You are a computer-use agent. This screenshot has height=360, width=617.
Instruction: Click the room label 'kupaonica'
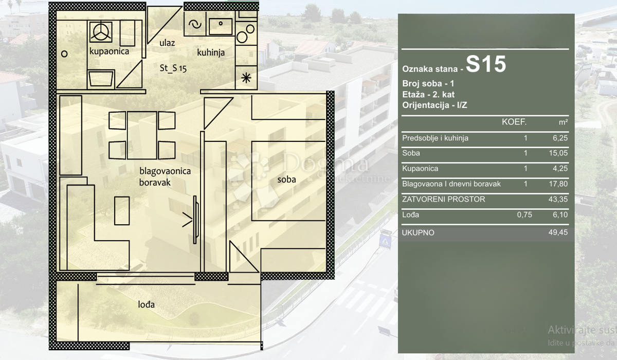point(109,51)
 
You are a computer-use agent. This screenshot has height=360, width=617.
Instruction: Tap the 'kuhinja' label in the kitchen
point(211,52)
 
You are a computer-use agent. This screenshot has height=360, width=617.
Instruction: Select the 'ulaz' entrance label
point(167,43)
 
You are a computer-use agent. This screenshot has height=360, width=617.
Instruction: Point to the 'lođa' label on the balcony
point(146,304)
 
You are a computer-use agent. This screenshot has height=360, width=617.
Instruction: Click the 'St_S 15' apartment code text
point(173,68)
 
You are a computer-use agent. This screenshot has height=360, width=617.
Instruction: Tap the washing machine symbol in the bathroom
point(100,32)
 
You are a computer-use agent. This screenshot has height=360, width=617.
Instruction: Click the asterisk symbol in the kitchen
point(246,78)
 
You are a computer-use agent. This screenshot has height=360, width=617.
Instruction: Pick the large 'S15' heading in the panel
point(486,65)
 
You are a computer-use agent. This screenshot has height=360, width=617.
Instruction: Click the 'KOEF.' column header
point(514,122)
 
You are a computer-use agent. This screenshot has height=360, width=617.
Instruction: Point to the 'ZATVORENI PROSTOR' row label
point(443,200)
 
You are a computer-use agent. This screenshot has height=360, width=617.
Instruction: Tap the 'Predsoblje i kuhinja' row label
point(435,138)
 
